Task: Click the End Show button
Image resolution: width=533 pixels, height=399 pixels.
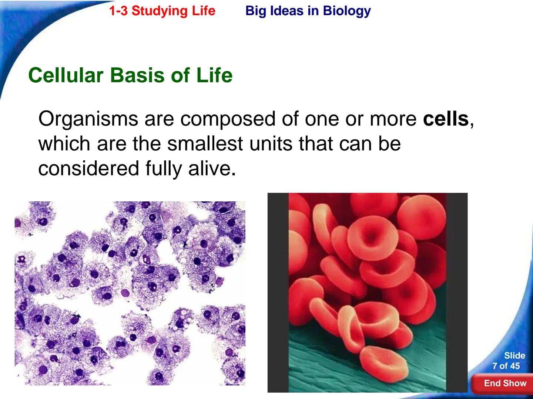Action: point(505,383)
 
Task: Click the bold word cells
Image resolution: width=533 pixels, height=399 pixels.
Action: point(446,119)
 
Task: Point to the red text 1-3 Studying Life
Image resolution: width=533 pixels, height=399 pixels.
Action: point(162,11)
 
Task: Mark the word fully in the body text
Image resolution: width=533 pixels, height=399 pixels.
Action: point(164,169)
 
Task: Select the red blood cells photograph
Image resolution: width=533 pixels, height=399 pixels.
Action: point(367,292)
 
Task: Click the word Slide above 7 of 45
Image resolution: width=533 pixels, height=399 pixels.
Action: point(514,355)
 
